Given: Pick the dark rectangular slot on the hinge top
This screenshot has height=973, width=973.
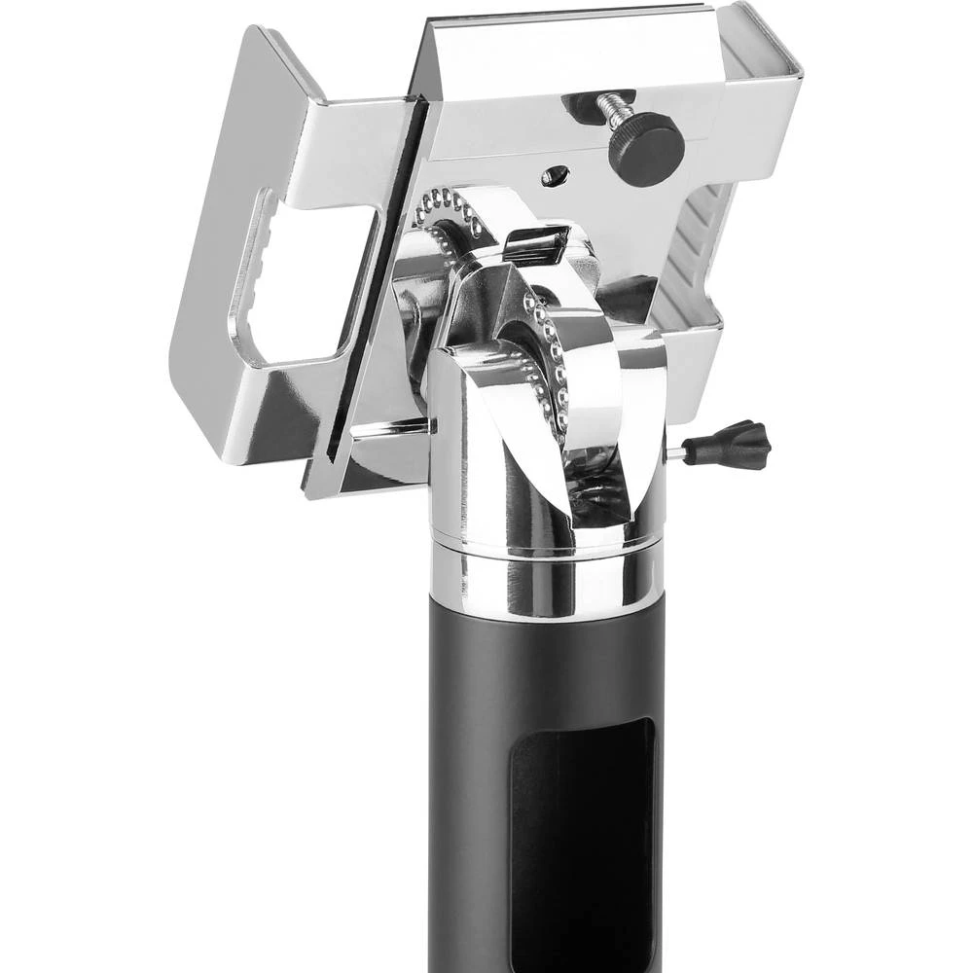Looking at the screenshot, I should click(535, 244).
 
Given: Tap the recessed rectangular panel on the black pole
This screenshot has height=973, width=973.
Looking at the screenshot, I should click(582, 837).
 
